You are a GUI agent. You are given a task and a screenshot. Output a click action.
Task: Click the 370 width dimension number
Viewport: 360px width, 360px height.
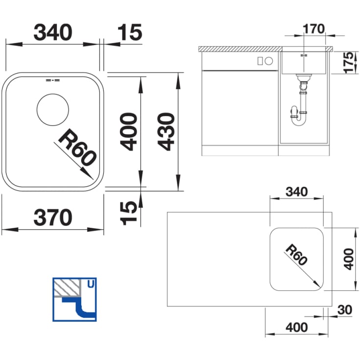(53, 217)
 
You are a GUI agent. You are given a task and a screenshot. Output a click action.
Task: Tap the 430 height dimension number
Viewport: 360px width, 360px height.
(166, 131)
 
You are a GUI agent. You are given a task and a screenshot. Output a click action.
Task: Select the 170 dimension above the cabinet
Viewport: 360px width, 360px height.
(313, 29)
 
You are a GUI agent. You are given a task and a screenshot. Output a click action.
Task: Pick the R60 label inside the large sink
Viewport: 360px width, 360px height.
(77, 147)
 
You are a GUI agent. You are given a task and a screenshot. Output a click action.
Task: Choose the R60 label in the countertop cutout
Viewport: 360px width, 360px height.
(296, 255)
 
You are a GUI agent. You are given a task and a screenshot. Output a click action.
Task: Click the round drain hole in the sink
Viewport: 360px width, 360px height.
(52, 110)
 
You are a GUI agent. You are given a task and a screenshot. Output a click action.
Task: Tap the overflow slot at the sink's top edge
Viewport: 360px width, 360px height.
(52, 80)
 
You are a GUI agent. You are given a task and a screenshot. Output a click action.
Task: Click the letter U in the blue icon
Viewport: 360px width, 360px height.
(91, 284)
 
